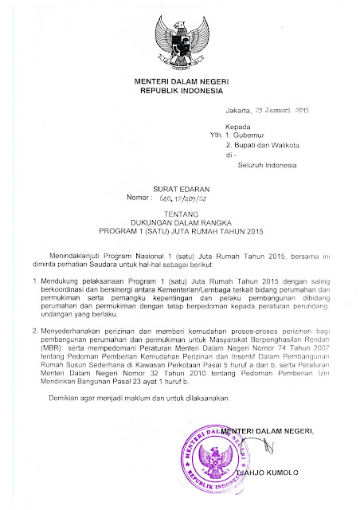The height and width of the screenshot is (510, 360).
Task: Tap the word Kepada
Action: click(x=240, y=127)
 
